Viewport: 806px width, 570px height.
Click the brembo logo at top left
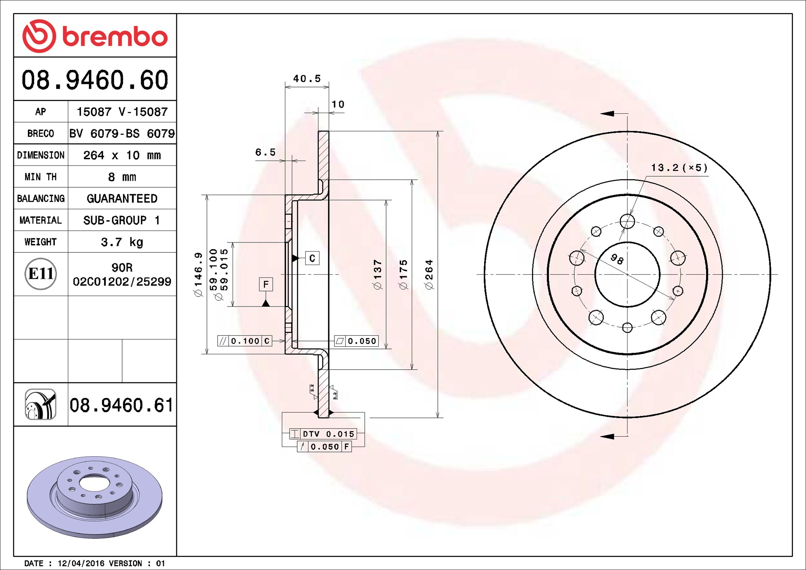95,36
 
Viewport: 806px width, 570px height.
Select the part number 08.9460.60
95,80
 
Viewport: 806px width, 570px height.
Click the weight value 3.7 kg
122,242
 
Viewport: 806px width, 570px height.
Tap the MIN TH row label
41,177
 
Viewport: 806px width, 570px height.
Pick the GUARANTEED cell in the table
122,198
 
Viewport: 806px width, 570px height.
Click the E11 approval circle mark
41,274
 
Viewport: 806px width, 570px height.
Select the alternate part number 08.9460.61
121,405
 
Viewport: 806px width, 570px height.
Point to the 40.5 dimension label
307,79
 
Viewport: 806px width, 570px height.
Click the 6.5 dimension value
265,152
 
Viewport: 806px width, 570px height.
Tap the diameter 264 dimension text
429,274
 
